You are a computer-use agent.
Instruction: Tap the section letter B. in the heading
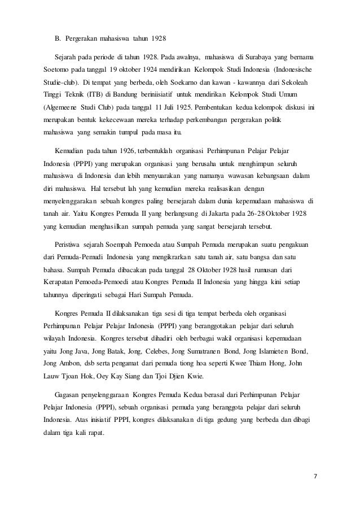(x=58, y=38)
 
